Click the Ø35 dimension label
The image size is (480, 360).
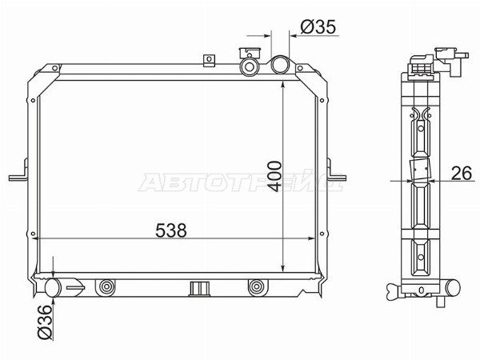(318, 27)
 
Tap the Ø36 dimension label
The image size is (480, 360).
(45, 322)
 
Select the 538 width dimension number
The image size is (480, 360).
(171, 230)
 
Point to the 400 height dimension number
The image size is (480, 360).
(274, 177)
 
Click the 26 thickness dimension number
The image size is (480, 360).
(462, 174)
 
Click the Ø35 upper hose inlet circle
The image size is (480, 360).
(280, 65)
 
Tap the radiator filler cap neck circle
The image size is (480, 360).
(250, 66)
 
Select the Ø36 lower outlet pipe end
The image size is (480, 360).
(54, 287)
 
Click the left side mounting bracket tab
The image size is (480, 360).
(18, 174)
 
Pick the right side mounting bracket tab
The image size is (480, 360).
(337, 174)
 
